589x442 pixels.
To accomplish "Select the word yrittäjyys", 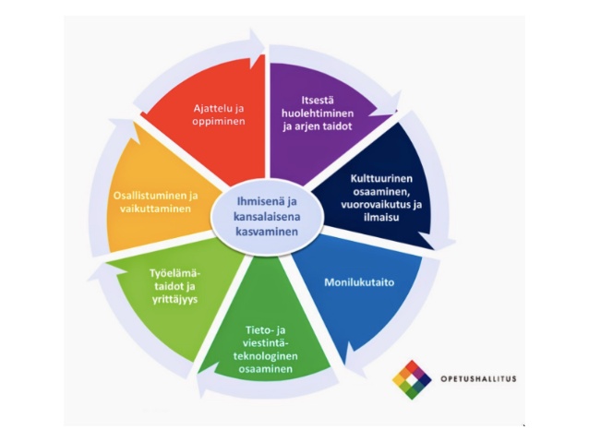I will (174, 300).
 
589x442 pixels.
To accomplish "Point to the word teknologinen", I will (269, 356).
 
